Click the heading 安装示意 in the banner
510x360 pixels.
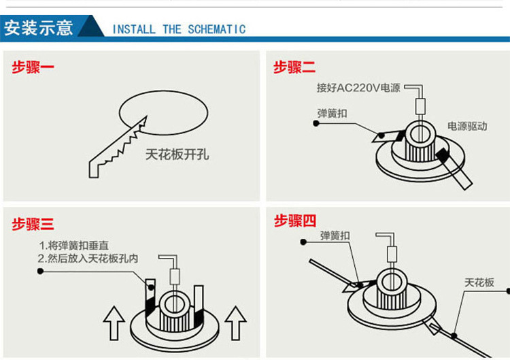(38, 28)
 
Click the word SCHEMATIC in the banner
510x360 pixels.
(216, 29)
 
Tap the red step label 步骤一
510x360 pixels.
(33, 67)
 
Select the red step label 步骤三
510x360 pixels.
(33, 224)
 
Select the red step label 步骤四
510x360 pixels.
(295, 220)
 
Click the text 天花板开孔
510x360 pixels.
(177, 154)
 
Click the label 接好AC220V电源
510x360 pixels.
(358, 88)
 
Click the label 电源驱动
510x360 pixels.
(466, 126)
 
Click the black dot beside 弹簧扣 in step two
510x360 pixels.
(316, 123)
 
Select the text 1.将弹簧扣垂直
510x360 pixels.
(74, 245)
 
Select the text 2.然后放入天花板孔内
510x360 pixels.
(88, 259)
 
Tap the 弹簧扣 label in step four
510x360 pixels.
(335, 235)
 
